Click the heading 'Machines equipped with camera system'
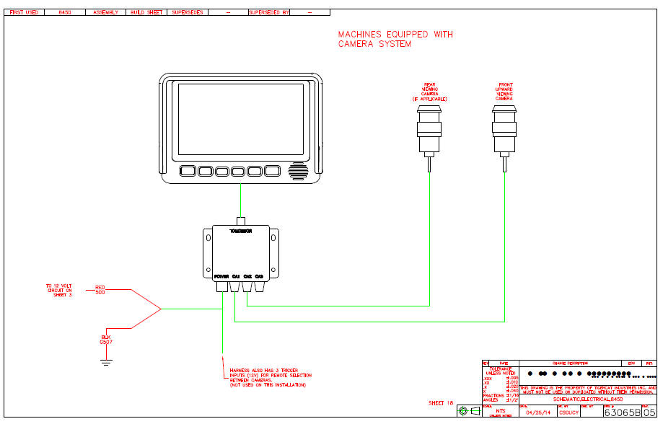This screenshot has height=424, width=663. [395, 39]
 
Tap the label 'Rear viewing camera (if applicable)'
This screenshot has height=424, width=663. [430, 92]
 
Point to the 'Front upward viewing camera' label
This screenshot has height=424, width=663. [504, 92]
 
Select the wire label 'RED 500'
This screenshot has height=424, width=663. [100, 290]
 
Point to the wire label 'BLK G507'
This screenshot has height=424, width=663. [105, 339]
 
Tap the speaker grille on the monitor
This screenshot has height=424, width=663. [297, 172]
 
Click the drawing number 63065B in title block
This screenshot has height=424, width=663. [622, 412]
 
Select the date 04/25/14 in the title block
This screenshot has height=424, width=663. [537, 412]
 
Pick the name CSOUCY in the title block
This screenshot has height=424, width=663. [568, 412]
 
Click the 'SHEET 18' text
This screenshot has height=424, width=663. [441, 403]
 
